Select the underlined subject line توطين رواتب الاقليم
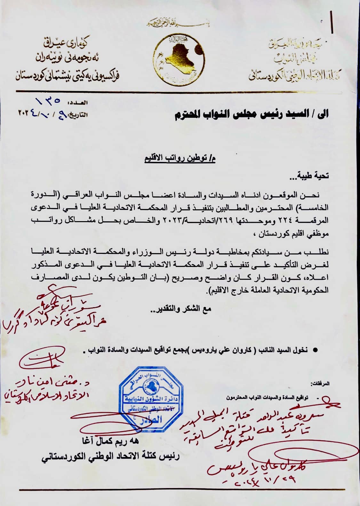coord(180,159)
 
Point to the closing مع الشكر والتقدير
coord(181,309)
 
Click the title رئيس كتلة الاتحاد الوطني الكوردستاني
coord(111,456)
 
